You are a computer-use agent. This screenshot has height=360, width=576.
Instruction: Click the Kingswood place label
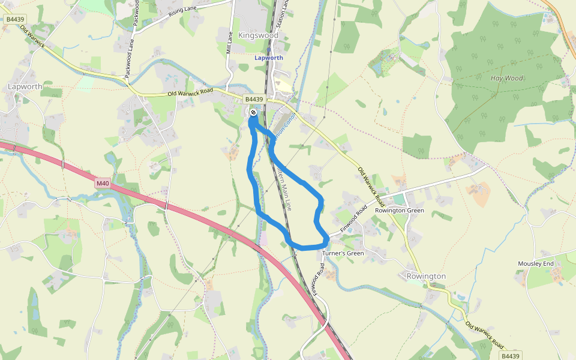point(259,35)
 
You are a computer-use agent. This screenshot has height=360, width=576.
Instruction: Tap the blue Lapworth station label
point(268,58)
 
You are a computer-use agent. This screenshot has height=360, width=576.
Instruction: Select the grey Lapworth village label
point(25,86)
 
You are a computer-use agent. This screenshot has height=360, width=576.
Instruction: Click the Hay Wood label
point(506,78)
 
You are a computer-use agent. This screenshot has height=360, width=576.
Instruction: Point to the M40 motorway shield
point(103,182)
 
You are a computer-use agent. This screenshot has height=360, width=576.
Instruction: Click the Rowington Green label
point(399,211)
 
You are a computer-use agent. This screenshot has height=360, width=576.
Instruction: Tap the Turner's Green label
point(343,253)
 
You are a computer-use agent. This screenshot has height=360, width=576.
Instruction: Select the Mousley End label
point(536,263)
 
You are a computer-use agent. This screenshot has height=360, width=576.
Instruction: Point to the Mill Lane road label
point(229,43)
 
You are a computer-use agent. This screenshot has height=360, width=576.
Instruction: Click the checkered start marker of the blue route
point(254,112)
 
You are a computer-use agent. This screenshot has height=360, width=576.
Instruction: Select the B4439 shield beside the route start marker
point(254,99)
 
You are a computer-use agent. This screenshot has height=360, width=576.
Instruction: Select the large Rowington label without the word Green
point(426,276)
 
